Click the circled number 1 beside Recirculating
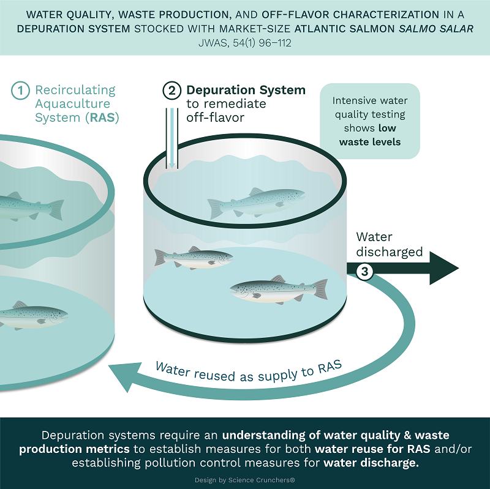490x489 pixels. [21, 91]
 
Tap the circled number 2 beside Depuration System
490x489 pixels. [172, 91]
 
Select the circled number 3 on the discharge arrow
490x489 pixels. [364, 272]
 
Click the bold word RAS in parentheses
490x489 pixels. [102, 118]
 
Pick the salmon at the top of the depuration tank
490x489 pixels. [256, 203]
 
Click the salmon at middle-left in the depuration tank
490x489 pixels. [194, 258]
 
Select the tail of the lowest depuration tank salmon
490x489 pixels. [320, 289]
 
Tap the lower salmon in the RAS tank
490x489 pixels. [33, 315]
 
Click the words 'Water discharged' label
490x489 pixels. [390, 245]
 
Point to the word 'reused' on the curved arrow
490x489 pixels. [215, 375]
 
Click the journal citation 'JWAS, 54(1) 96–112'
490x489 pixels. [245, 43]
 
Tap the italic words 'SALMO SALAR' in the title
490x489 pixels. [436, 29]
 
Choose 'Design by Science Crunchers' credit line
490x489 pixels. [245, 480]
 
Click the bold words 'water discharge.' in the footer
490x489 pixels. [371, 463]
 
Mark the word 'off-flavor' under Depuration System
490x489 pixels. [216, 118]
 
